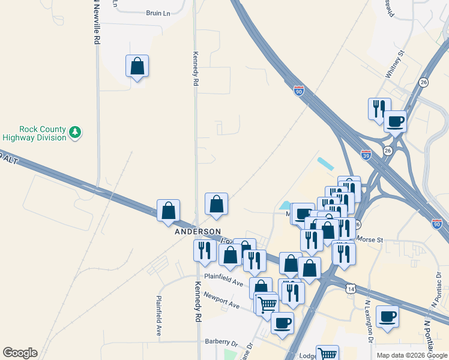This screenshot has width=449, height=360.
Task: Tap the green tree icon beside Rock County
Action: tap(75, 132)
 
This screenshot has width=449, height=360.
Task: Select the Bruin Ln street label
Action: tap(158, 13)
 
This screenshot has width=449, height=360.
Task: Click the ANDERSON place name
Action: tap(197, 232)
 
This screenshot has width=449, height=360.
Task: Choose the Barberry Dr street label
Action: tap(221, 341)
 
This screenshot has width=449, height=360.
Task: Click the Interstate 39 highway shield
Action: tap(366, 154)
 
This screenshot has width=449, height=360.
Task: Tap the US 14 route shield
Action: tap(351, 289)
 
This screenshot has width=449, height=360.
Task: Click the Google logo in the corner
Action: tap(19, 353)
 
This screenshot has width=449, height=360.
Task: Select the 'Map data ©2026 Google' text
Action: tap(412, 355)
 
